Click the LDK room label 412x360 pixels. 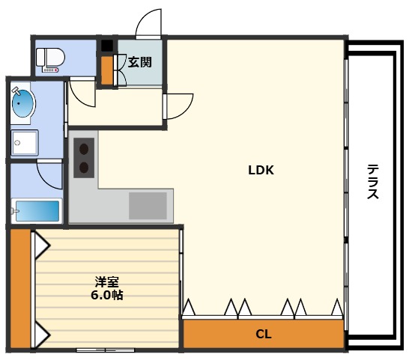tap(261, 170)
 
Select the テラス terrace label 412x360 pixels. tap(372, 182)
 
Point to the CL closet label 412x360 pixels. tap(263, 334)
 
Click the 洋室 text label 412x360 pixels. tap(108, 282)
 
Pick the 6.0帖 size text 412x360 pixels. tap(108, 295)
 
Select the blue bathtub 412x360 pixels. tap(37, 210)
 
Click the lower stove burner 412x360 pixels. tap(84, 167)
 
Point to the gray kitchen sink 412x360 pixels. tap(148, 204)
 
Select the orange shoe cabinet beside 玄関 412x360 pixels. tap(106, 70)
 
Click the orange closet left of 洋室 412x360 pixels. tap(20, 290)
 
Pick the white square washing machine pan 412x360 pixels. tap(25, 142)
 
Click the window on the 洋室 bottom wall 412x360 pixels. tap(105, 350)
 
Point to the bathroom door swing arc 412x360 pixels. tap(51, 177)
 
